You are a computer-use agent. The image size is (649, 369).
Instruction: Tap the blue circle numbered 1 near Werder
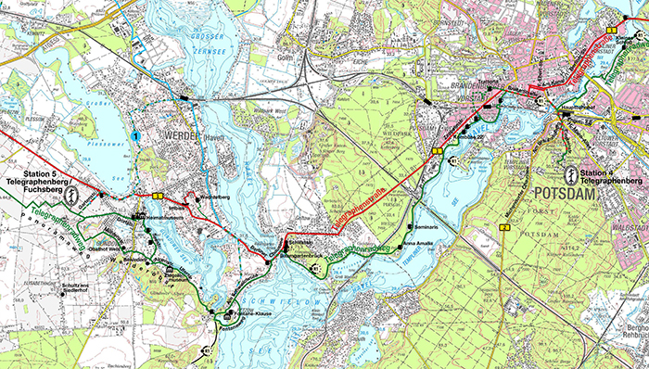(x=135, y=136)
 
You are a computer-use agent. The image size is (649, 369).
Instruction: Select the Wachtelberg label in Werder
(x=214, y=197)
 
